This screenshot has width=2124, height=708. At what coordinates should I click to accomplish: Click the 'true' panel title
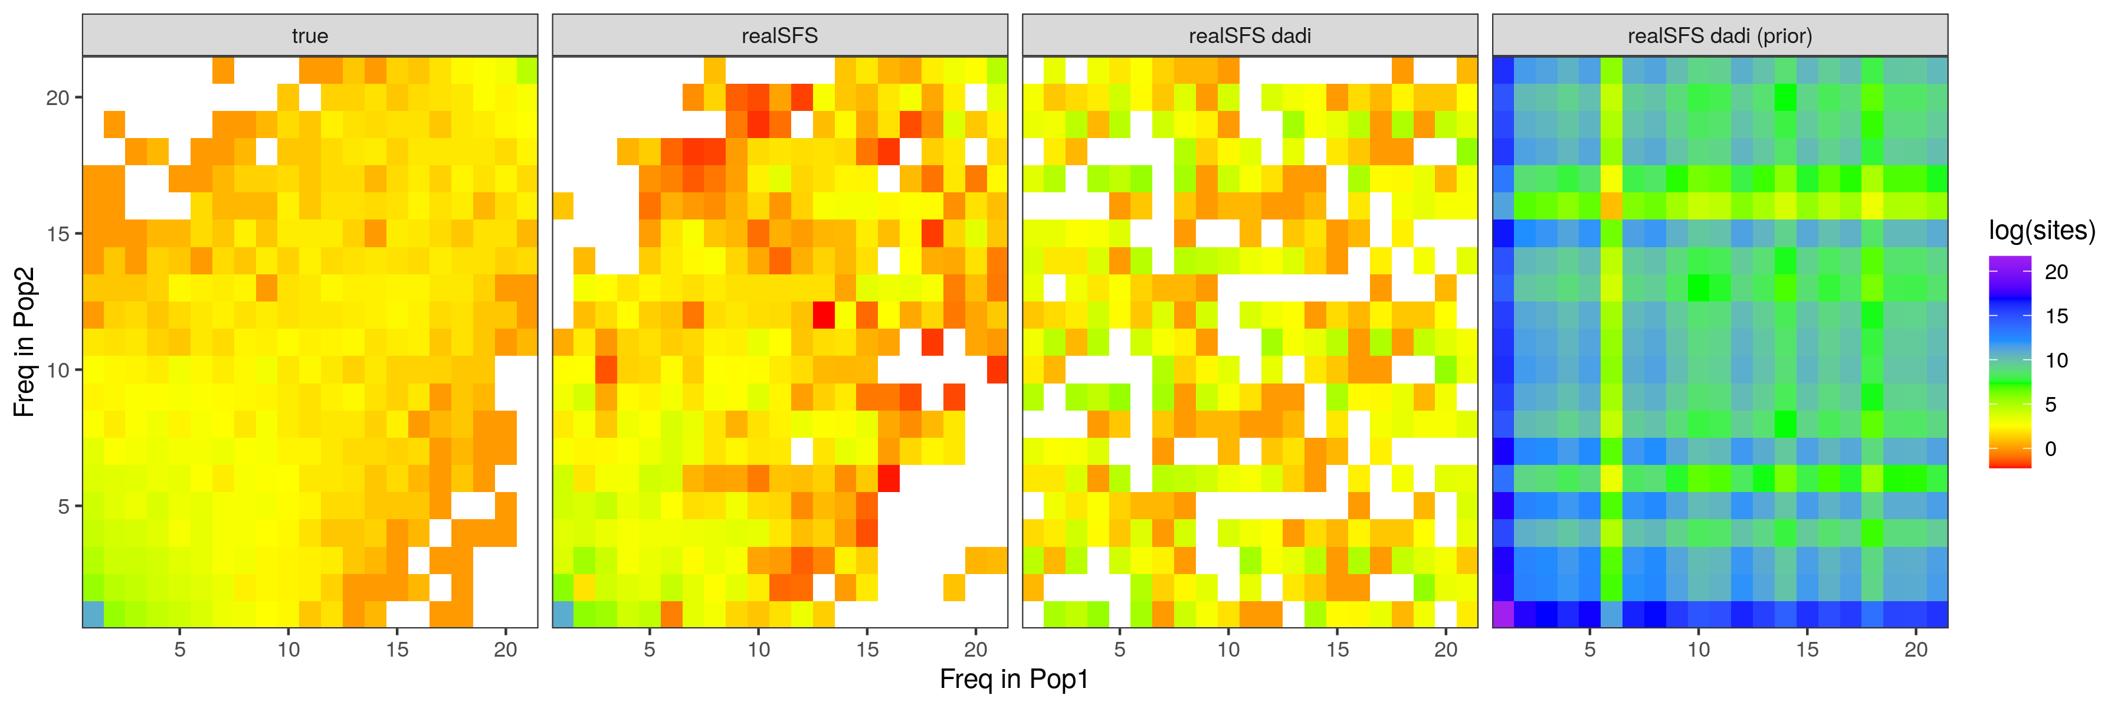click(x=309, y=35)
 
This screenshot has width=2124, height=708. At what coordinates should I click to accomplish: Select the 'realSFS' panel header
click(x=779, y=35)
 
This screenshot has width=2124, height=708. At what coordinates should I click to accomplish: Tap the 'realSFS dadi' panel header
click(x=1249, y=35)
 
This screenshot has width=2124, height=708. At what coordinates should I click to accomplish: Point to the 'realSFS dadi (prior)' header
click(x=1719, y=35)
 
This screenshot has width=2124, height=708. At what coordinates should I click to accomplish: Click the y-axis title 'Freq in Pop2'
click(x=25, y=341)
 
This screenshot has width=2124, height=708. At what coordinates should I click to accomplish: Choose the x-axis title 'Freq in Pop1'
click(x=1014, y=679)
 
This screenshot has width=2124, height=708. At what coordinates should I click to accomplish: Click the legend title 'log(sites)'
click(x=2041, y=230)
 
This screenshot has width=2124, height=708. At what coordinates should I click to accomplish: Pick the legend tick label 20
click(x=2056, y=272)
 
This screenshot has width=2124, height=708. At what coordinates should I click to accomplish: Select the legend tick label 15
click(x=2056, y=316)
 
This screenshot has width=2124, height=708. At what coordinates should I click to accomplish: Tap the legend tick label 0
click(x=2051, y=449)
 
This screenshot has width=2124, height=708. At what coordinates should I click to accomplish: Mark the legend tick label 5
click(x=2051, y=405)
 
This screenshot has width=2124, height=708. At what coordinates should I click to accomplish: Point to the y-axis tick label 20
click(x=58, y=97)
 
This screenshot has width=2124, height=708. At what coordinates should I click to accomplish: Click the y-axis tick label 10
click(x=58, y=370)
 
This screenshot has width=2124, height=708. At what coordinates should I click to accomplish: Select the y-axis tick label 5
click(x=64, y=506)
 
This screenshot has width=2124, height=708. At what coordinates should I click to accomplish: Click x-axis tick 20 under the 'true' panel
click(x=506, y=650)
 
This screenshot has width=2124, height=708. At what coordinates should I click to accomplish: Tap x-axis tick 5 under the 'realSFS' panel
click(x=650, y=650)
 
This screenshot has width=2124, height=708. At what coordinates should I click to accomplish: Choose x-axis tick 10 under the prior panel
click(x=1699, y=650)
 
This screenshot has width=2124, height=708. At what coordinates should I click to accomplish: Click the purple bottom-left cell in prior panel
click(x=1503, y=615)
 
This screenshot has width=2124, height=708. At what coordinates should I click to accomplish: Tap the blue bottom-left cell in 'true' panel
click(x=93, y=615)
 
